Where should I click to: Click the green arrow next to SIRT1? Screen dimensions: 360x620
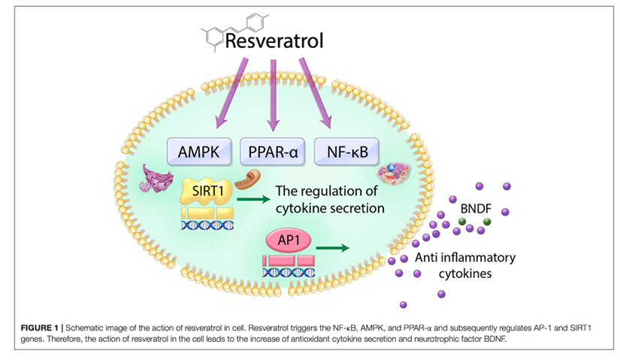pos(252,199)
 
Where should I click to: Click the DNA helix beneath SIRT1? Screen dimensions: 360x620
pos(206,224)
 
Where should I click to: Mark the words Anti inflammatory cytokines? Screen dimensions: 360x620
pos(465,265)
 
